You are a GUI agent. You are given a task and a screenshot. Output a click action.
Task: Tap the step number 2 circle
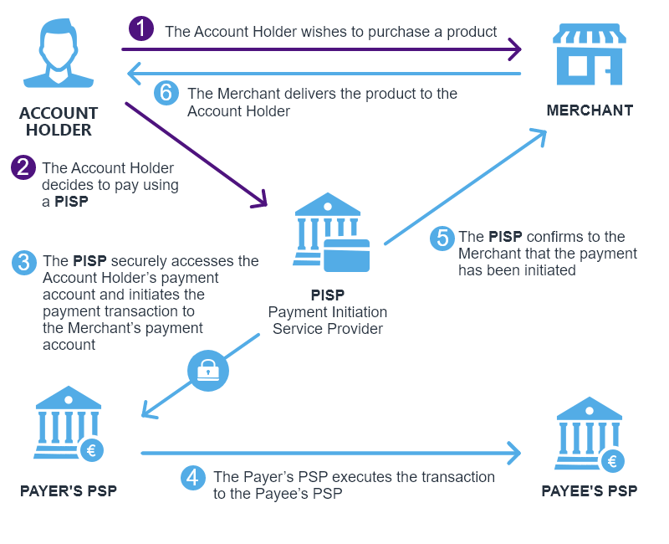23,167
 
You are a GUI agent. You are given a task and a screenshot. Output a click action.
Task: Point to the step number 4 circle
193,478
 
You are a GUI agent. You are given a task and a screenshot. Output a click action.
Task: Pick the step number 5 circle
442,238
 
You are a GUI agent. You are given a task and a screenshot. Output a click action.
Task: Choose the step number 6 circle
166,93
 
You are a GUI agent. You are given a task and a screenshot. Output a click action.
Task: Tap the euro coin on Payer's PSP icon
92,451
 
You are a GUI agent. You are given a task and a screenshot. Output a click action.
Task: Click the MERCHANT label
590,110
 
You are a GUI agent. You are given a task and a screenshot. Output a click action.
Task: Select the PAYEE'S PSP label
590,491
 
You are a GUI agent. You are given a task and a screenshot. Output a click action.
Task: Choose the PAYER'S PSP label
69,490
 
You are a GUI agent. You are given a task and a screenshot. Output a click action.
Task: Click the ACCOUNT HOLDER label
59,121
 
